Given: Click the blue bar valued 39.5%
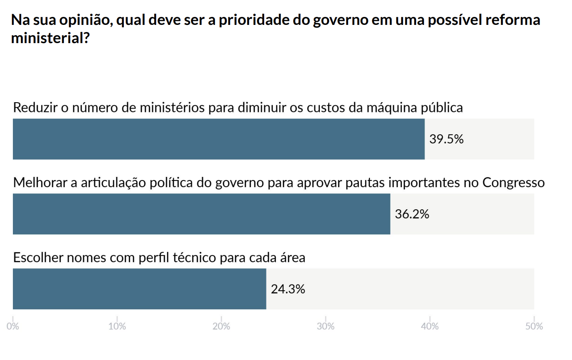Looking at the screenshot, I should click(218, 139).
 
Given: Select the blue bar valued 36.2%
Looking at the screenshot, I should click(201, 214).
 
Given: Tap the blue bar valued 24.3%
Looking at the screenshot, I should click(139, 289).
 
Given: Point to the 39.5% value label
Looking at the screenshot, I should click(446, 139).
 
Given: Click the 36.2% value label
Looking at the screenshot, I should click(412, 214).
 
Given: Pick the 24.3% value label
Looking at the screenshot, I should click(288, 289).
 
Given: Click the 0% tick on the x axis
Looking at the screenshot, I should click(13, 326).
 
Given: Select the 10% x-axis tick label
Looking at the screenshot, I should click(117, 326).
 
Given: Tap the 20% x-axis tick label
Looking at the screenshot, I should click(221, 326).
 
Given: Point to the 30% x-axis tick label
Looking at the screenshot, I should click(326, 326).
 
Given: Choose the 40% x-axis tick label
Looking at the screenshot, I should click(430, 326).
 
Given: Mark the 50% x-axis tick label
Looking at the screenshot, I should click(534, 326).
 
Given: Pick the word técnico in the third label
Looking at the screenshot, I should click(196, 257).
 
